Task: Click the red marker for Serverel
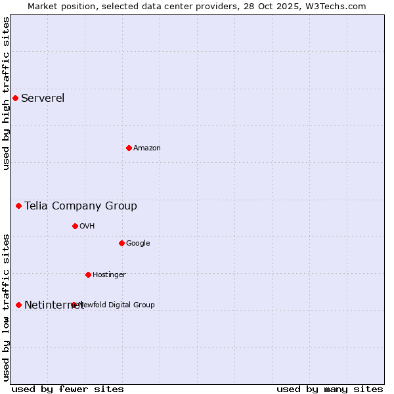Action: tap(15, 98)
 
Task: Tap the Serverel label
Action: tap(43, 98)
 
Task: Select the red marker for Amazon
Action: tap(129, 148)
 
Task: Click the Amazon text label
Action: tap(147, 148)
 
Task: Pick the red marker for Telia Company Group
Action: tap(18, 206)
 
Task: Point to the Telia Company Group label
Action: tap(81, 206)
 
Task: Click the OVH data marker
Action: tap(75, 226)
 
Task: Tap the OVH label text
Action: tap(87, 227)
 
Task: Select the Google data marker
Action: tap(121, 243)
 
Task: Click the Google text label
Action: tap(138, 244)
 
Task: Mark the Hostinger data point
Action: tap(88, 274)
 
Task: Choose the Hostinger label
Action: tap(109, 275)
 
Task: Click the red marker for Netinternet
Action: tap(18, 305)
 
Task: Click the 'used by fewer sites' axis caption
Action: tap(68, 389)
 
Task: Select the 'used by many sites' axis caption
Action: tap(330, 389)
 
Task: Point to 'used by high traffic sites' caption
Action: tap(7, 93)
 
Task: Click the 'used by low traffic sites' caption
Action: tap(7, 307)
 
